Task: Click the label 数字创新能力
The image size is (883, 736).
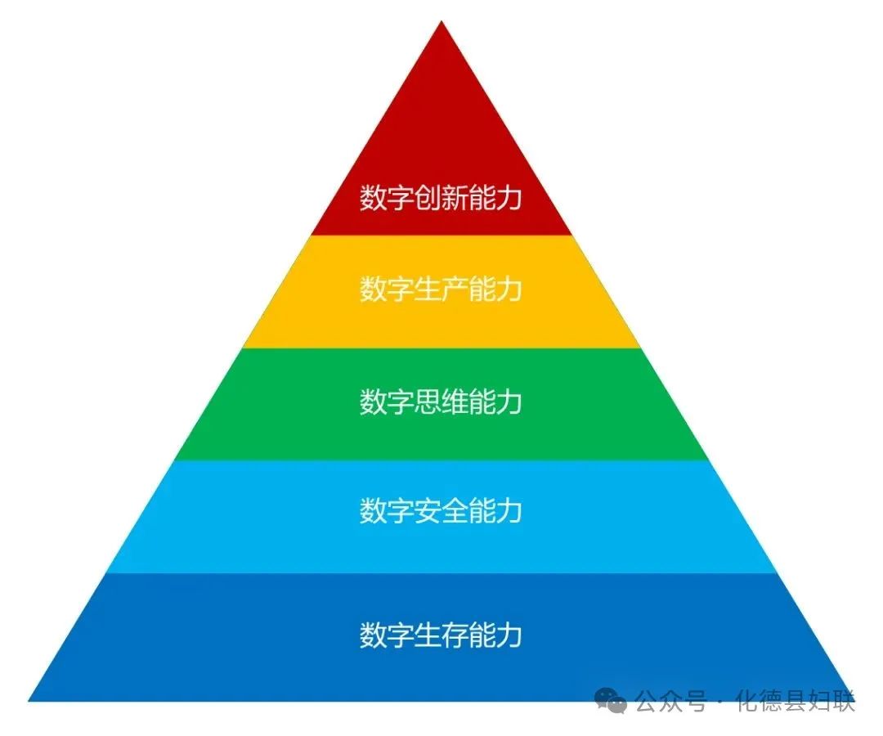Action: (441, 198)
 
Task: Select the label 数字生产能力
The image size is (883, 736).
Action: (441, 289)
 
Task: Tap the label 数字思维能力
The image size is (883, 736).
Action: (441, 402)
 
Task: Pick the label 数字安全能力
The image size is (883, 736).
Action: (441, 511)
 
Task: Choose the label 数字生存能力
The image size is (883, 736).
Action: (441, 634)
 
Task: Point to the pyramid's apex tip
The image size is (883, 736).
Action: (441, 20)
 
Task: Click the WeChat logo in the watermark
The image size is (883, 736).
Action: (611, 701)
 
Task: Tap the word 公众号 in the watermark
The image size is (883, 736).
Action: (671, 702)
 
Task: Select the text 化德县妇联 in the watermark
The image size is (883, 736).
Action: (796, 702)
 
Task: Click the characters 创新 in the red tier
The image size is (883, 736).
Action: (441, 198)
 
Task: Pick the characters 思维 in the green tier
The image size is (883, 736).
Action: (441, 402)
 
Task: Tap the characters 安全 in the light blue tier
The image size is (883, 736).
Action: (441, 511)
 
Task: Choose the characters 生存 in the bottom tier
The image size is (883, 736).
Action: (441, 634)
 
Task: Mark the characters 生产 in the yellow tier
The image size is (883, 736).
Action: (441, 289)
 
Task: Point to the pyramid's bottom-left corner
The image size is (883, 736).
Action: (29, 701)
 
